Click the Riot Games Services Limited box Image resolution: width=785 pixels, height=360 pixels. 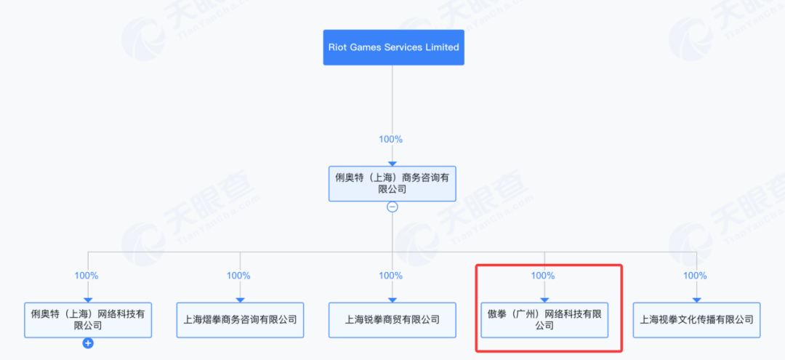[x=393, y=47]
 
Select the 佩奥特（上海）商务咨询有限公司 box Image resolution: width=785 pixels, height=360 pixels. [x=392, y=184]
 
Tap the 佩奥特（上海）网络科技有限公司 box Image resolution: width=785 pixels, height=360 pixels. [x=88, y=320]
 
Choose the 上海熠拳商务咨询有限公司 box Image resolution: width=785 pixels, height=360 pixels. [x=241, y=320]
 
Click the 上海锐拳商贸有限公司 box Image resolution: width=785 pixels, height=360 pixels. [x=392, y=320]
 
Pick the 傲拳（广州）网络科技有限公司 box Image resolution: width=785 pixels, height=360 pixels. [x=544, y=320]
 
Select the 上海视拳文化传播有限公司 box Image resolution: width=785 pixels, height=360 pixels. [x=697, y=320]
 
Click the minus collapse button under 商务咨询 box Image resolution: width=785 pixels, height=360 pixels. [x=392, y=207]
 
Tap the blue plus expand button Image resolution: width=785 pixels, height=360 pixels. [x=88, y=343]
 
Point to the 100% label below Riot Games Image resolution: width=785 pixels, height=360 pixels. [x=390, y=139]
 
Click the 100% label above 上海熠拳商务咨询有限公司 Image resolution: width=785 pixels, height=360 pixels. [x=238, y=276]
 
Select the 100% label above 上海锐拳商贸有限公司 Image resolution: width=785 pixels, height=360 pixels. [x=390, y=276]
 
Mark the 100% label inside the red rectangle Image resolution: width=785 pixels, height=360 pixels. [x=543, y=276]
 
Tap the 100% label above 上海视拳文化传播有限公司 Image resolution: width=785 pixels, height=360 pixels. [x=695, y=276]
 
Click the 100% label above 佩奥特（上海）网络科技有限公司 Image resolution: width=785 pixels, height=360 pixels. [x=86, y=276]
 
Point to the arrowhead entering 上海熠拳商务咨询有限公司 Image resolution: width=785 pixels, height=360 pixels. [x=241, y=300]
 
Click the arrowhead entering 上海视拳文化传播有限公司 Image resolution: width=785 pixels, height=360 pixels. [x=697, y=300]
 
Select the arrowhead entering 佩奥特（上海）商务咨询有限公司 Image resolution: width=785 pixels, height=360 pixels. [x=392, y=163]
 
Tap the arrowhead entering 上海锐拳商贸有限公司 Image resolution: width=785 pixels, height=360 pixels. [x=392, y=300]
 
